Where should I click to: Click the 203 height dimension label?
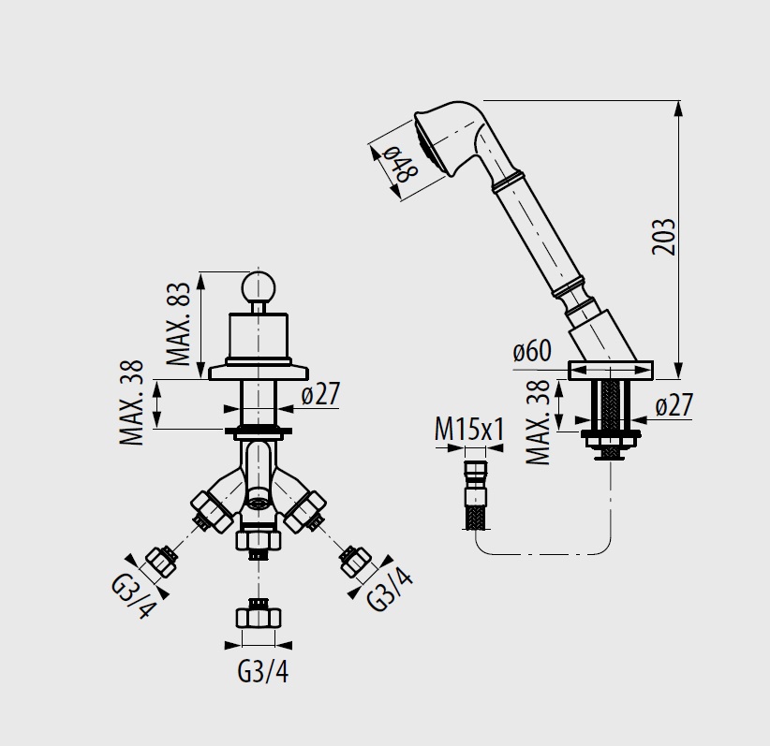coord(664,237)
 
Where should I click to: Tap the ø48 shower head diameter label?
coord(401,164)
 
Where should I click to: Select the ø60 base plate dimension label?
coord(532,350)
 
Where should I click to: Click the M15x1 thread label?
coord(469,431)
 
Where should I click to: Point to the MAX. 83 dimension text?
coord(178,324)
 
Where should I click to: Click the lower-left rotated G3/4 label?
coord(135,596)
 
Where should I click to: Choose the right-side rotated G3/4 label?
coord(390,590)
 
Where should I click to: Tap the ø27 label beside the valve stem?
coord(320,394)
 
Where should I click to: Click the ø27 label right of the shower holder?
coord(674,405)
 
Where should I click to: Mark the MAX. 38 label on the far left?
coord(131,402)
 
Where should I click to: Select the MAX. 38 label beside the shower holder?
coord(538,422)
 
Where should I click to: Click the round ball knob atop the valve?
coord(259,287)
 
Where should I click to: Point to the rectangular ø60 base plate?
coord(611,370)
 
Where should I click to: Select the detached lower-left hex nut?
coord(160,562)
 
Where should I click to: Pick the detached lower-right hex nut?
coord(355,561)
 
